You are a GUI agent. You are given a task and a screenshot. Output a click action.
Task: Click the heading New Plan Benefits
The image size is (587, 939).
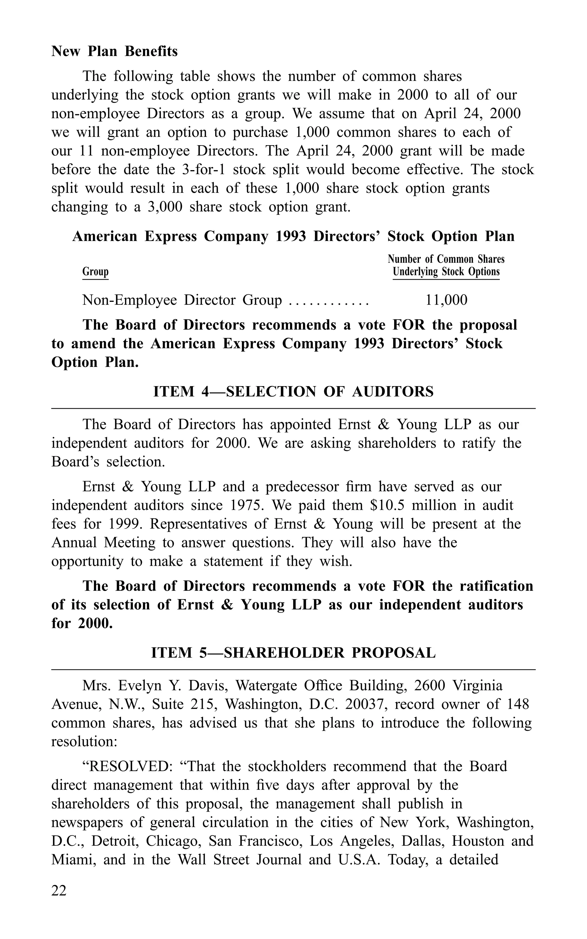115,51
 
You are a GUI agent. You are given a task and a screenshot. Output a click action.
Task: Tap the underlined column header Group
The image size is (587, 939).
95,272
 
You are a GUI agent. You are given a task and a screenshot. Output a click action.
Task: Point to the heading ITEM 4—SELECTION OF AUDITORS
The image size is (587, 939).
293,392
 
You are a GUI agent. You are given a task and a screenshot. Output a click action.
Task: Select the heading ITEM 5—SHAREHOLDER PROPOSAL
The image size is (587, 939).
293,653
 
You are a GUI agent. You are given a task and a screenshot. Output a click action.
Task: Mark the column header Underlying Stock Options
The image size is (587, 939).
446,272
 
